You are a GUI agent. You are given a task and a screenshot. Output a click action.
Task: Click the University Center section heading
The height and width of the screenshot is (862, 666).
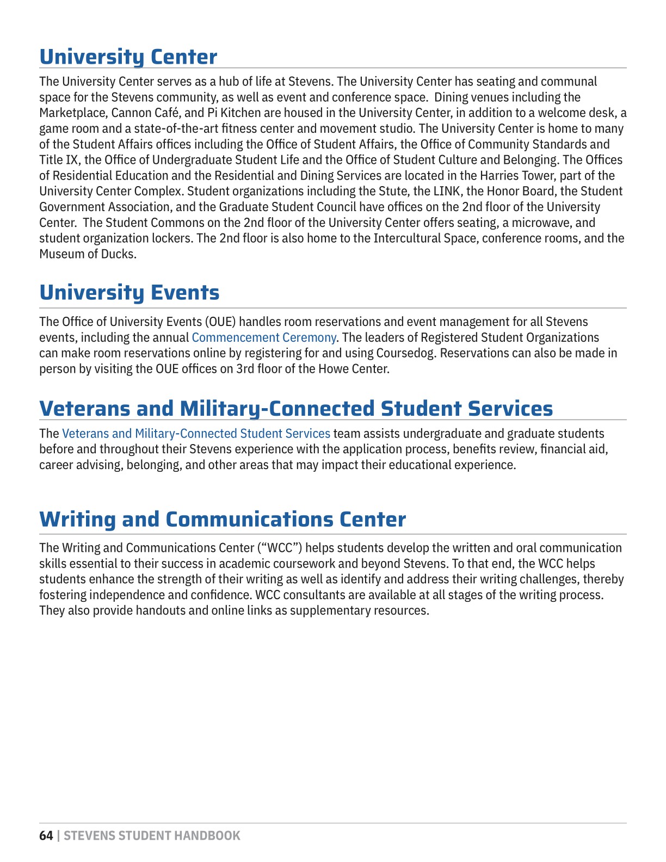[128, 57]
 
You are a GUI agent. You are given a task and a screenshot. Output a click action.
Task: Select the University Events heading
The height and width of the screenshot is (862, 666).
[129, 292]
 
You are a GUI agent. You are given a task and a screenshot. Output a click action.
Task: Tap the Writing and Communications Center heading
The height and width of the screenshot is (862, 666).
[222, 519]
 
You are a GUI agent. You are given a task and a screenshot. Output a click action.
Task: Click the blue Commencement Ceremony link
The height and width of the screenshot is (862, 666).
[264, 337]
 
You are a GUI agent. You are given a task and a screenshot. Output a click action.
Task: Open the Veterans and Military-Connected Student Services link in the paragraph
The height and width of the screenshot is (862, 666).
[196, 434]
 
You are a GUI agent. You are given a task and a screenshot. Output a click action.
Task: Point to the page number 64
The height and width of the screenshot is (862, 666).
[46, 836]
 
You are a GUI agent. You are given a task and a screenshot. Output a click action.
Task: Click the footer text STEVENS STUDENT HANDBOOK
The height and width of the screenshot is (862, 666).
[152, 836]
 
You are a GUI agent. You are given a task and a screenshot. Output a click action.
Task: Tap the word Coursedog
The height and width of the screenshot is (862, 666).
[405, 353]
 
